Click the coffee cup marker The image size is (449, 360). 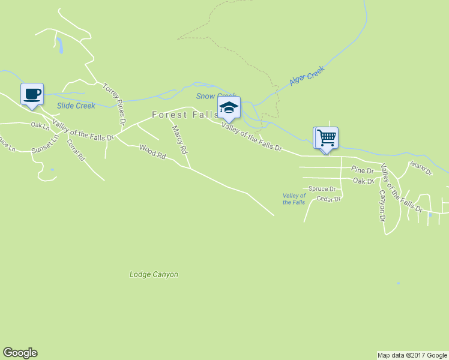point(32,94)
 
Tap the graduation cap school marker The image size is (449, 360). point(228,107)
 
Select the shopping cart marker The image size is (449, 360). point(326,138)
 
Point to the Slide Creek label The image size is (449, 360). point(76,106)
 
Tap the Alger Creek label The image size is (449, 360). point(307,75)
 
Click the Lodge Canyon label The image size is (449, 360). point(154,274)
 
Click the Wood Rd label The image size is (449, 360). point(152,151)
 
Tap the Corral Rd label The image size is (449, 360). point(76,151)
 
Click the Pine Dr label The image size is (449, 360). point(363,170)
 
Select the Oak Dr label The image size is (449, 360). point(363,180)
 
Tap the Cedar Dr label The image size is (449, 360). point(328,199)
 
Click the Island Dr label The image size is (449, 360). point(421,168)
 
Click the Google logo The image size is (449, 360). point(20,353)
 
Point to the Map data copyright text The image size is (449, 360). point(412,355)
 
